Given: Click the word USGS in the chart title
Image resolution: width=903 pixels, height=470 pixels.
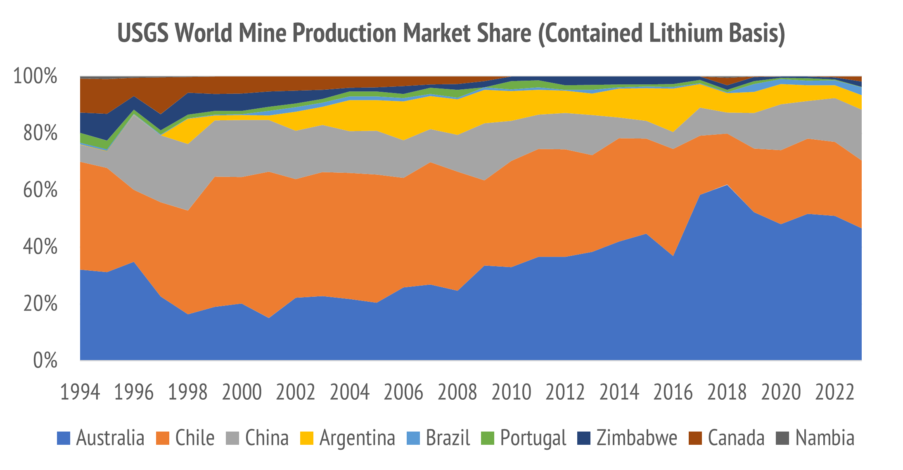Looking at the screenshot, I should [x=143, y=33].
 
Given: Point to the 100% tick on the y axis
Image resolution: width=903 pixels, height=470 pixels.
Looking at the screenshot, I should [x=35, y=76].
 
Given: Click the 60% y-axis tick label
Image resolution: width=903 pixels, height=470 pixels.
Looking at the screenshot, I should [x=40, y=190].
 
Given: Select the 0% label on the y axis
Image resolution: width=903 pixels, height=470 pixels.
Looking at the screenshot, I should [x=45, y=360].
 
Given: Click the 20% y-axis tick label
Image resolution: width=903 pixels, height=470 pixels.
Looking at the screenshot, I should [x=40, y=304].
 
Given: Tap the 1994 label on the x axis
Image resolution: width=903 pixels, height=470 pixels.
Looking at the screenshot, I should [x=80, y=392].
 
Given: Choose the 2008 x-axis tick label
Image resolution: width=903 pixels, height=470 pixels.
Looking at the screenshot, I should [x=457, y=392].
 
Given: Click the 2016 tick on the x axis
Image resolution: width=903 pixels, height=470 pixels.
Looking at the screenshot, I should [x=673, y=392].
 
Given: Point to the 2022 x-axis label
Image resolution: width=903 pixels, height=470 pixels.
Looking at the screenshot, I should [x=834, y=392].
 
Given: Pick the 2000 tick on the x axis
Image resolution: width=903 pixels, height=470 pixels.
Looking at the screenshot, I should [x=242, y=392].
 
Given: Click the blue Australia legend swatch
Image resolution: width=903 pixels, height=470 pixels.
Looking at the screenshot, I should [x=64, y=438].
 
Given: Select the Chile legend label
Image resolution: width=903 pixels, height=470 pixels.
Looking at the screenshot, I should [x=195, y=438].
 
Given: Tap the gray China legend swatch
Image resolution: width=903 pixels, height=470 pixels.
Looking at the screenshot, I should [x=233, y=438].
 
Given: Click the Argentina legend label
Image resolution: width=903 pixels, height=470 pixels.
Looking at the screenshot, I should [x=357, y=438].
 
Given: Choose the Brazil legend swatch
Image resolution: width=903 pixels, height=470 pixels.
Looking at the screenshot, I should [x=413, y=438].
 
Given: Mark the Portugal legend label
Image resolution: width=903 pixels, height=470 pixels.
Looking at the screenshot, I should [x=533, y=438].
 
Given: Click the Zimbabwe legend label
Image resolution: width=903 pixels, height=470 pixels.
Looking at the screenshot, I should [x=637, y=438].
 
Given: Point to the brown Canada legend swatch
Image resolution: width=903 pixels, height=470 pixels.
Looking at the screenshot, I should [x=695, y=438].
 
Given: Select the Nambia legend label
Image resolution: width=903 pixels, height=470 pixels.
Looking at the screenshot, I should [x=825, y=438].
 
